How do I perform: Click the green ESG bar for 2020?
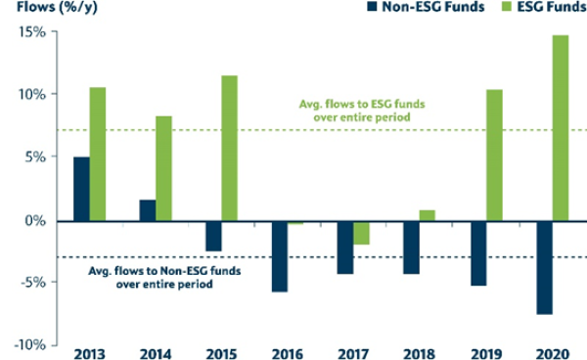[560, 128]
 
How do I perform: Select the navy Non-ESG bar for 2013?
[81, 189]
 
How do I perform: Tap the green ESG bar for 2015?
[230, 148]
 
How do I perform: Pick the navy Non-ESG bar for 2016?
[281, 256]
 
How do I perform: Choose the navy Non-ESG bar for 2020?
[543, 267]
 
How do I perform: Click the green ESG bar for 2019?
[494, 156]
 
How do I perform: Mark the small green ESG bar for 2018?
[428, 215]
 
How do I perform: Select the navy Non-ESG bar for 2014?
[148, 210]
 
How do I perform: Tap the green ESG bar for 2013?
[98, 154]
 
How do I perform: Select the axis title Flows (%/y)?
[45, 10]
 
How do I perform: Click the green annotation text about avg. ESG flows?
[361, 112]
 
